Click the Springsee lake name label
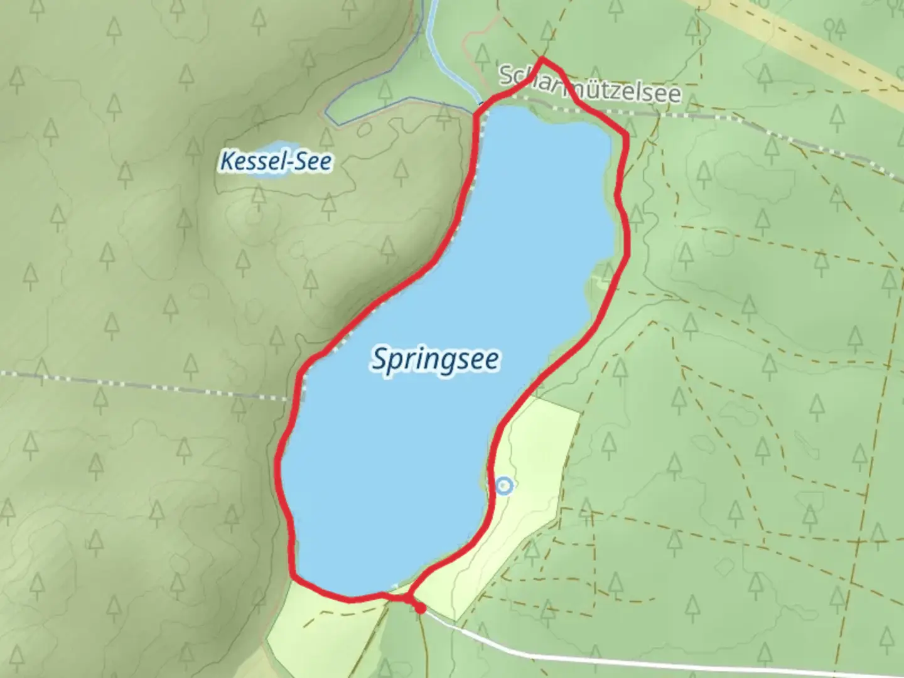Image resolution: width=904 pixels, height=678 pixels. (x=436, y=360)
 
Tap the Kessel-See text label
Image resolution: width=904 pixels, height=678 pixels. (x=276, y=161)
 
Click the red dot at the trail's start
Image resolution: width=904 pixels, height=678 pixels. (x=419, y=608)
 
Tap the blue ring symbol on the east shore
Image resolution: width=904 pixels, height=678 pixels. (x=504, y=485)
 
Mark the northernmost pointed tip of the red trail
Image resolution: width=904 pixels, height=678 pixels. (x=541, y=60)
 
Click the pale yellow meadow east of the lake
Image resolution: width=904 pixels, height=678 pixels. (x=534, y=477)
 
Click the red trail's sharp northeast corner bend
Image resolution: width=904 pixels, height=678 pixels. (x=626, y=135)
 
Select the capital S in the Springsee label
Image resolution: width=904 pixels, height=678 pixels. (x=379, y=360)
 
